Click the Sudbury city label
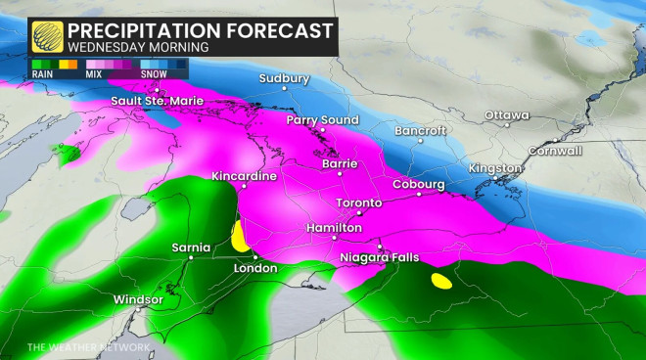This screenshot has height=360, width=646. point(284,77)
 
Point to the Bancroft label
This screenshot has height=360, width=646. point(420,130)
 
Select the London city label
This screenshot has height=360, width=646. point(255,268)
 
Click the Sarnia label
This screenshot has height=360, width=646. point(185,245)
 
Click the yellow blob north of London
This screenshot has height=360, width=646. point(238,236)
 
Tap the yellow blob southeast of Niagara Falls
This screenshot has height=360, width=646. point(441,282)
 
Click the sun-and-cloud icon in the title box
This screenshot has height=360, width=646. point(44,35)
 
